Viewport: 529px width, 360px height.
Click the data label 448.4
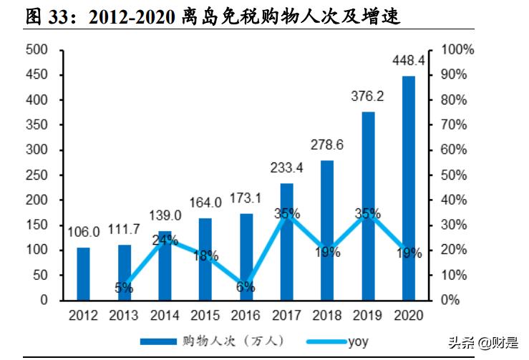point(408,60)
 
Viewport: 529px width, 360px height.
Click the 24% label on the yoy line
point(165,240)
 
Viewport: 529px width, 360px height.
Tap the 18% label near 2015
point(205,256)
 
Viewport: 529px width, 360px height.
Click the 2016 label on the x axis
point(246,315)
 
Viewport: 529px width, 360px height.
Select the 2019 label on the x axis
point(367,315)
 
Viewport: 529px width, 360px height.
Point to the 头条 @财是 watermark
point(482,343)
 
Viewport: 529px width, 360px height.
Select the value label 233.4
point(286,167)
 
